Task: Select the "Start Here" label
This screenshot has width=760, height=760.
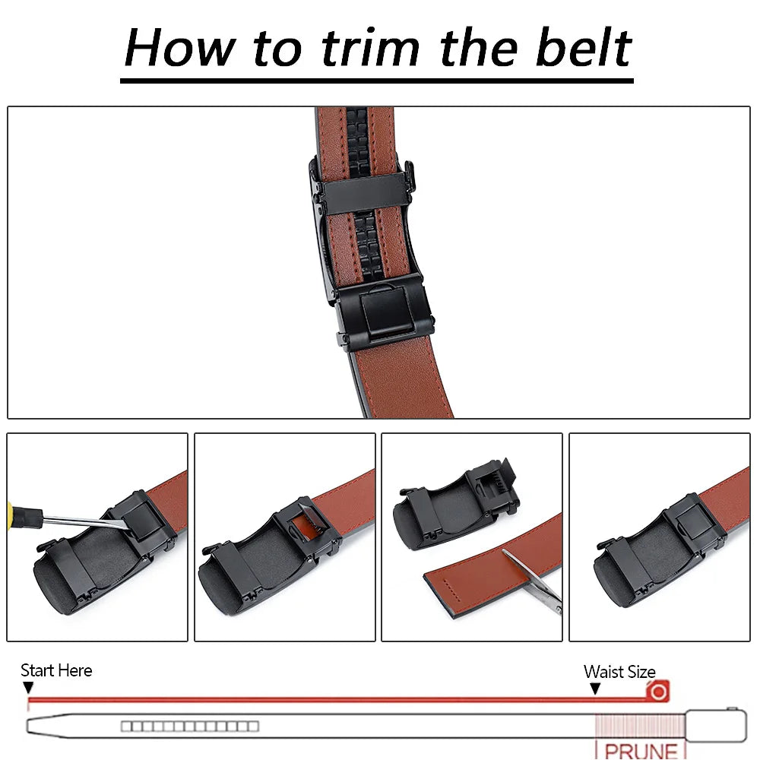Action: [56, 670]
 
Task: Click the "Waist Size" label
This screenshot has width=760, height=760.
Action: [619, 672]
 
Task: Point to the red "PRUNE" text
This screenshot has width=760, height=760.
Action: [641, 750]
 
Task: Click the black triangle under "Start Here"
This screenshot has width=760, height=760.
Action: [29, 688]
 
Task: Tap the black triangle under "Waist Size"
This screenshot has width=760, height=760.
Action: [595, 689]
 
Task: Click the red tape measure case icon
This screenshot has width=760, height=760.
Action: [657, 691]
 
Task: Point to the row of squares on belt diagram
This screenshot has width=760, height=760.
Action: [189, 727]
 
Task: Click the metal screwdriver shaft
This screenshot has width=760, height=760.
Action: [84, 521]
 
